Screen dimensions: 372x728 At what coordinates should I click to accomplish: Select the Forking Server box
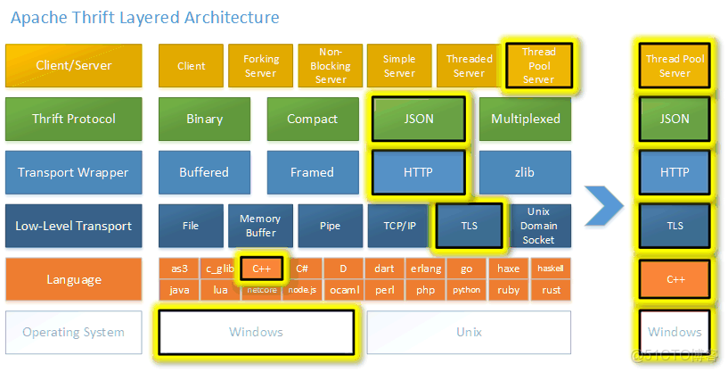[260, 66]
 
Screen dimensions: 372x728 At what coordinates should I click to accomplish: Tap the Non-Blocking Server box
[330, 66]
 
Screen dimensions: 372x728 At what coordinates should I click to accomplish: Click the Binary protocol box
[204, 119]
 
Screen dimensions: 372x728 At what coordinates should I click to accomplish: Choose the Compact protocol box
[312, 119]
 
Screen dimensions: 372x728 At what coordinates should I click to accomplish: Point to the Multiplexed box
[526, 119]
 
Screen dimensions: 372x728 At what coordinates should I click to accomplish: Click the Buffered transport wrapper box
[204, 172]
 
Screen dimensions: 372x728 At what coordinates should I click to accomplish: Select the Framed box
[312, 172]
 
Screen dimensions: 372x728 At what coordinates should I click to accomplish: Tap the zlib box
[526, 172]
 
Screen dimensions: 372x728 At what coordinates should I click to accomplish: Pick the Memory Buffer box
[260, 226]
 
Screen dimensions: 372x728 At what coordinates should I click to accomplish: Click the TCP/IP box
[398, 226]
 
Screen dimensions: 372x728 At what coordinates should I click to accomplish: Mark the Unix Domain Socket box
[538, 226]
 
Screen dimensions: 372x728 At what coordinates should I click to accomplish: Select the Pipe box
[330, 226]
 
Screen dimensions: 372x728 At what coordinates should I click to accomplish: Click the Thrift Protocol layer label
[74, 119]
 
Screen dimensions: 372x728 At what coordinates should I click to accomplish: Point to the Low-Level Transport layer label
[74, 226]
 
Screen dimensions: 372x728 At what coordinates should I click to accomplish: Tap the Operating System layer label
[74, 332]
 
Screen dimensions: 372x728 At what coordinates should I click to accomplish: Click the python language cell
[465, 290]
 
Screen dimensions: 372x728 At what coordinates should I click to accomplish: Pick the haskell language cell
[550, 268]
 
